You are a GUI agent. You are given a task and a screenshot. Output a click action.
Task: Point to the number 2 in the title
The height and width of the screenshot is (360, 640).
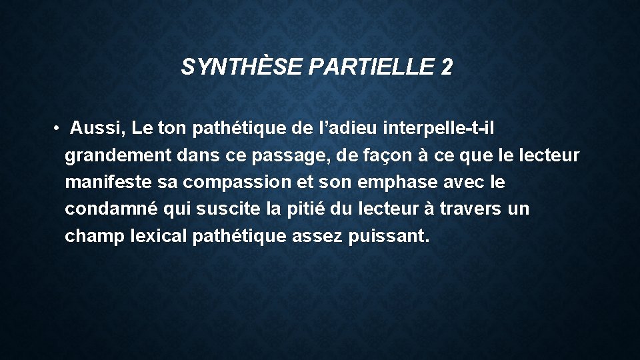tap(446, 67)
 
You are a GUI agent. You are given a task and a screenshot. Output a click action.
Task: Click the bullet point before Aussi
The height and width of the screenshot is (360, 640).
tap(58, 127)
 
